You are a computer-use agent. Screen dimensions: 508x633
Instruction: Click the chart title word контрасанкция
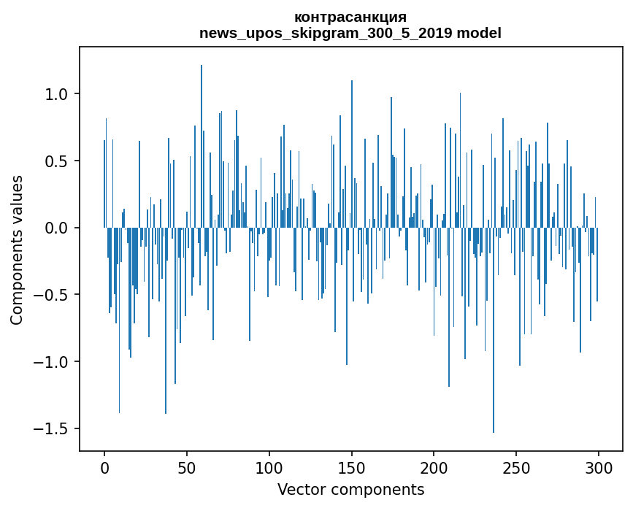coord(350,17)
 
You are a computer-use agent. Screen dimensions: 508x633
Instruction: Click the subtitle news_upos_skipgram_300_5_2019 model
coord(350,33)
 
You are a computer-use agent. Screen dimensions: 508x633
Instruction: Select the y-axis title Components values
coord(16,250)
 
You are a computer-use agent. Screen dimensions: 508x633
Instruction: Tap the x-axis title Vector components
coord(350,489)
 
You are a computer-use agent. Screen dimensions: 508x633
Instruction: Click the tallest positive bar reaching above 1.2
coord(202,146)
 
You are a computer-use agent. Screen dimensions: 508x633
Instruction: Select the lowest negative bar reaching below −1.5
coord(494,328)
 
